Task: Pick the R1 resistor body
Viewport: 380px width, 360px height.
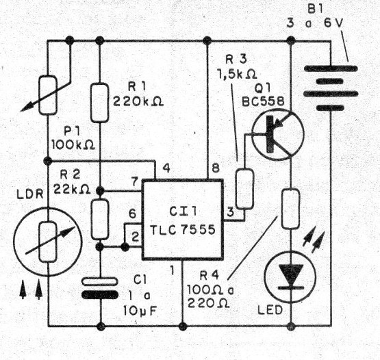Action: (x=100, y=101)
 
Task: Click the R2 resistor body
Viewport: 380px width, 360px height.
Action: (x=100, y=217)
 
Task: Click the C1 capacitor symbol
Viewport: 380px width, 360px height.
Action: (x=100, y=287)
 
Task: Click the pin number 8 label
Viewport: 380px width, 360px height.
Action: (x=216, y=169)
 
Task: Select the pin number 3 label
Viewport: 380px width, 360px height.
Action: (x=231, y=212)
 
